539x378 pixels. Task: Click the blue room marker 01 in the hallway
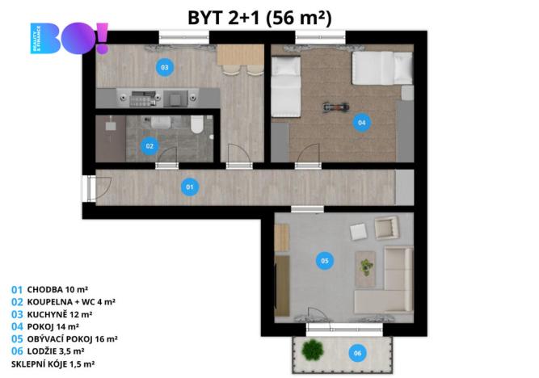tap(190, 187)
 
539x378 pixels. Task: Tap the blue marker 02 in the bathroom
tap(149, 146)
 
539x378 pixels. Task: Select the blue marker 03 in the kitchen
tap(164, 68)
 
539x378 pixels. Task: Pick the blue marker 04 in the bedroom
tap(361, 124)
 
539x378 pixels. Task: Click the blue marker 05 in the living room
tap(324, 261)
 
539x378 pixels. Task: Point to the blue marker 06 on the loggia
tap(356, 352)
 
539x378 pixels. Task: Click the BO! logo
tap(68, 40)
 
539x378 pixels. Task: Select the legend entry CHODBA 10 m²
tap(52, 288)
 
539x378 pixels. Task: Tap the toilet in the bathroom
tap(195, 124)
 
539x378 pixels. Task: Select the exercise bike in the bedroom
tap(332, 105)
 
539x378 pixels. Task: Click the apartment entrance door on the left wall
tap(88, 189)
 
